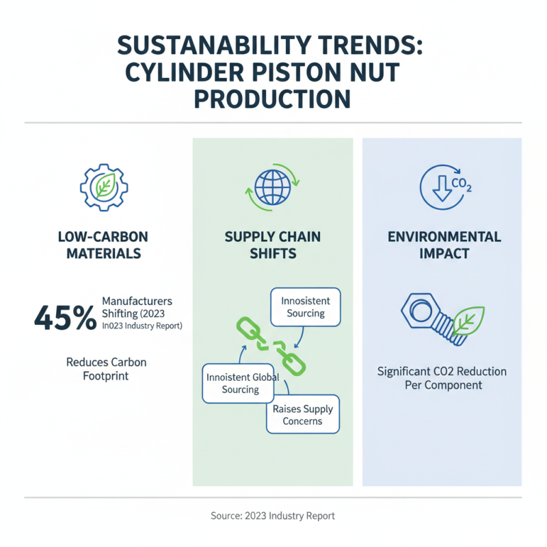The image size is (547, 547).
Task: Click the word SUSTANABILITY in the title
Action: pos(214,45)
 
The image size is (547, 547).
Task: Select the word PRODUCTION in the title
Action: pos(272,99)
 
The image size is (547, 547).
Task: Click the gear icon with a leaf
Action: pos(104,187)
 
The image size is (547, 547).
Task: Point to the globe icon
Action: pos(272,187)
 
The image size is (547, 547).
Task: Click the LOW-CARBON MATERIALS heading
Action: pos(103,245)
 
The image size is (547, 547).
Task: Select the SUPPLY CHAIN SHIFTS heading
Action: pos(273,245)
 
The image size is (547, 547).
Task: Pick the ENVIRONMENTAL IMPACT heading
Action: pos(444,245)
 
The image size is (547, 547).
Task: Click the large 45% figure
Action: pos(65,318)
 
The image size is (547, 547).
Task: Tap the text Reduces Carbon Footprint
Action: pos(106,369)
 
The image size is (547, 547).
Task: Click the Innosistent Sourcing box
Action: pos(306,307)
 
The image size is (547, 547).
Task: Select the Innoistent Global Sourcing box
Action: pos(238,384)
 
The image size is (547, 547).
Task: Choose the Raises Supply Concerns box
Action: pos(303,414)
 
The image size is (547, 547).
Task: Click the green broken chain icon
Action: pos(271,346)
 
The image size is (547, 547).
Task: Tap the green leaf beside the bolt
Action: pos(468,321)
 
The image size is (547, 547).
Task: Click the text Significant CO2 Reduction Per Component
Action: pos(442,378)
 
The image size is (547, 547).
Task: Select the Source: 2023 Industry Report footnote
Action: pos(272,516)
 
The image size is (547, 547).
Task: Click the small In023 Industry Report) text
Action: pos(142,326)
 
